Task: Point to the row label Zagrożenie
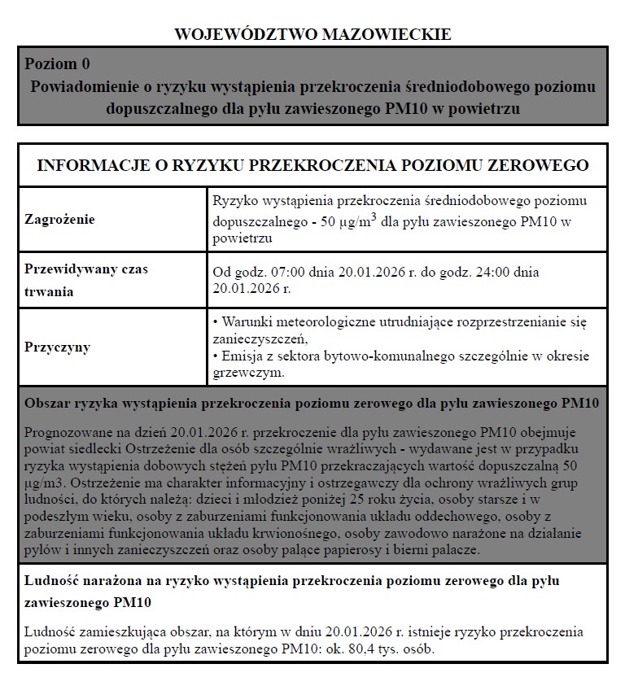[x=59, y=219]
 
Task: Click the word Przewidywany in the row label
[x=71, y=269]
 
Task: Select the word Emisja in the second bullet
[x=242, y=356]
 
